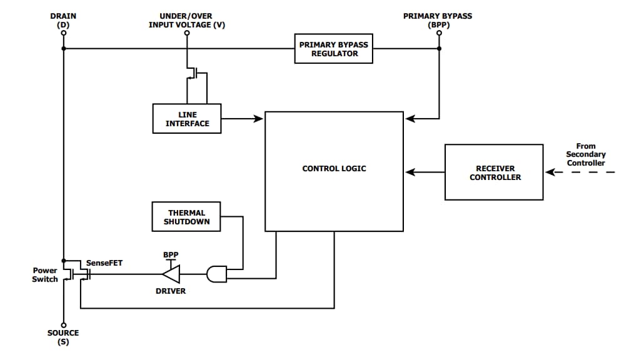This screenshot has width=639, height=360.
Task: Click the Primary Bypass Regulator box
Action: click(x=334, y=49)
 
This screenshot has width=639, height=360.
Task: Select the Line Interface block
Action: click(x=187, y=119)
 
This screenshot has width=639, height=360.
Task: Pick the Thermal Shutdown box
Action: click(x=186, y=217)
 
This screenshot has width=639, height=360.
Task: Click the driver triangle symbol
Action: click(x=171, y=274)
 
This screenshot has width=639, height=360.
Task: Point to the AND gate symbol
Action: click(x=216, y=274)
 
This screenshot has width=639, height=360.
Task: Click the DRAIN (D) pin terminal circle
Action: click(x=63, y=34)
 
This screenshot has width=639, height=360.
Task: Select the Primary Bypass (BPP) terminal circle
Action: click(x=438, y=34)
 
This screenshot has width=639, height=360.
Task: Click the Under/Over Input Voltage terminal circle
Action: click(x=186, y=34)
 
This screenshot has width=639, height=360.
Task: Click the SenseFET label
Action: click(x=104, y=263)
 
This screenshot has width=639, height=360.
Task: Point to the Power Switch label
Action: click(x=45, y=275)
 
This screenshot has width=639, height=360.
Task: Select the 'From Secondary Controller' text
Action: click(x=585, y=154)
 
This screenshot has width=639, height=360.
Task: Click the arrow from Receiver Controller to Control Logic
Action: click(x=425, y=172)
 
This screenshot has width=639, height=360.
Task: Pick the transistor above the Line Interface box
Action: click(x=195, y=74)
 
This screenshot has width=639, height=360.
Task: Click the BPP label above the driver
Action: click(x=171, y=255)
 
